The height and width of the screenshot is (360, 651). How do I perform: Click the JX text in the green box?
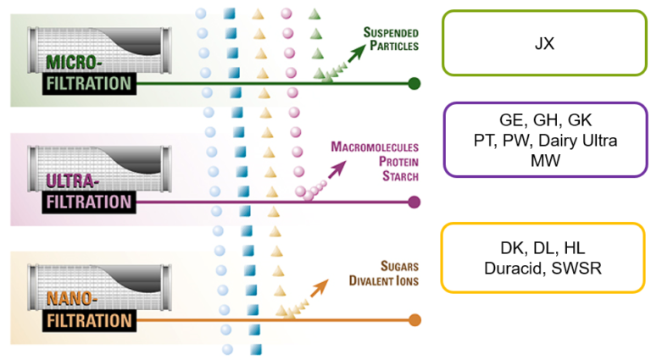click(x=545, y=42)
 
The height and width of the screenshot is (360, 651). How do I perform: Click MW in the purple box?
click(x=545, y=159)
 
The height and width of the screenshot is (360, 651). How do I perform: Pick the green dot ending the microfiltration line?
click(x=414, y=83)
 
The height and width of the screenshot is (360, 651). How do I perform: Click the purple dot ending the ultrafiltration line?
click(x=414, y=202)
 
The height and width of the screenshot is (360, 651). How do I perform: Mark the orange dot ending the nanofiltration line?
click(x=414, y=320)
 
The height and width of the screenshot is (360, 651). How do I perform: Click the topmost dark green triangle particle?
click(x=314, y=14)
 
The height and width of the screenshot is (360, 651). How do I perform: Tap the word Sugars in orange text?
click(x=397, y=263)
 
